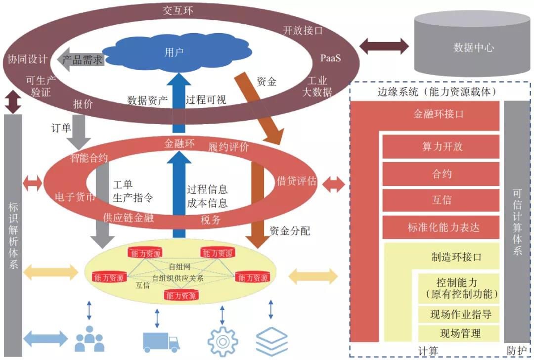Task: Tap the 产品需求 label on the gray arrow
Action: click(83, 60)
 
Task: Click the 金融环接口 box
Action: click(439, 114)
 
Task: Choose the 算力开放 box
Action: click(442, 147)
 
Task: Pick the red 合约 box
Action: click(442, 174)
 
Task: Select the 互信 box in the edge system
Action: click(442, 201)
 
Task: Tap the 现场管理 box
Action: click(460, 333)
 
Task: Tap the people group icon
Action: click(89, 339)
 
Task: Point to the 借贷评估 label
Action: click(297, 181)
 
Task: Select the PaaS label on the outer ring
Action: click(330, 58)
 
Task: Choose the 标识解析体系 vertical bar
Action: click(13, 232)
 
